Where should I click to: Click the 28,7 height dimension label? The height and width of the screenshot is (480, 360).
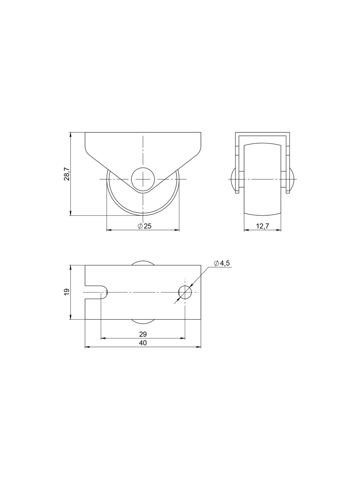67,174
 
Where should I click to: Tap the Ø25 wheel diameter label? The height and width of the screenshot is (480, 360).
144,226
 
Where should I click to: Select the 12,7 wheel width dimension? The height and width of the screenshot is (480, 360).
263,226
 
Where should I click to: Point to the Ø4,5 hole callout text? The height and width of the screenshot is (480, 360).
222,264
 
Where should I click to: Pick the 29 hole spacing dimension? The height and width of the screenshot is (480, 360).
143,334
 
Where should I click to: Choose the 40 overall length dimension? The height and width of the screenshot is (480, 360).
143,343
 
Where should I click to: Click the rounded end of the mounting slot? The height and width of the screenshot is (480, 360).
107,292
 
